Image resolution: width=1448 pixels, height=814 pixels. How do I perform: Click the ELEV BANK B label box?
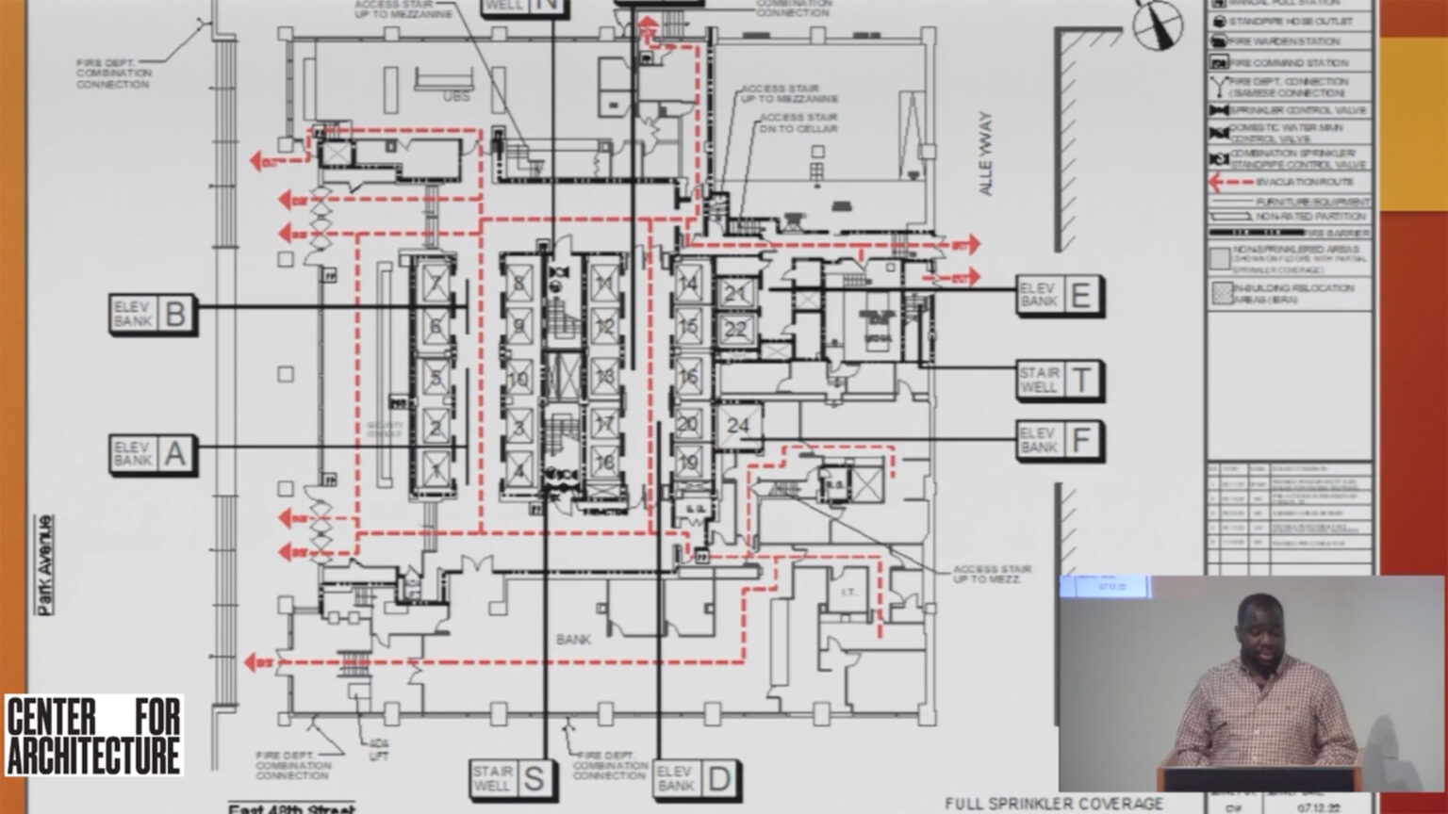pyautogui.click(x=153, y=314)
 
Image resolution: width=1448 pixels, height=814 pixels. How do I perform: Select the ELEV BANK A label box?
pyautogui.click(x=153, y=455)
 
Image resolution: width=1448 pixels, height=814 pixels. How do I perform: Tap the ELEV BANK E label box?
pyautogui.click(x=1059, y=295)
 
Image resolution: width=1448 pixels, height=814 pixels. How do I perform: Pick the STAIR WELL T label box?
pyautogui.click(x=1060, y=381)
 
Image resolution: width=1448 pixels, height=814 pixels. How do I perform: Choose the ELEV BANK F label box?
pyautogui.click(x=1060, y=440)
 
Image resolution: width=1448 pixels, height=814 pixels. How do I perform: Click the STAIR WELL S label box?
pyautogui.click(x=510, y=779)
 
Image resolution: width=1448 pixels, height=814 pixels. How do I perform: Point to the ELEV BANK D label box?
pyautogui.click(x=697, y=779)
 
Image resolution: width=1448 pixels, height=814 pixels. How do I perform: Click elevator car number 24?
pyautogui.click(x=737, y=426)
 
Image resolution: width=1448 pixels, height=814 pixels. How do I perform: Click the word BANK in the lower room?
pyautogui.click(x=573, y=640)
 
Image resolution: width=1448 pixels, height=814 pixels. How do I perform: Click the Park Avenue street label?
pyautogui.click(x=44, y=564)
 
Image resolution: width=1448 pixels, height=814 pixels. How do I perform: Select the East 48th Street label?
pyautogui.click(x=292, y=807)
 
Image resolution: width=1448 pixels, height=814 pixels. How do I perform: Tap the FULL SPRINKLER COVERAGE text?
pyautogui.click(x=1054, y=804)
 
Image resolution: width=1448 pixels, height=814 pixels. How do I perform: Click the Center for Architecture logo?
pyautogui.click(x=93, y=736)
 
